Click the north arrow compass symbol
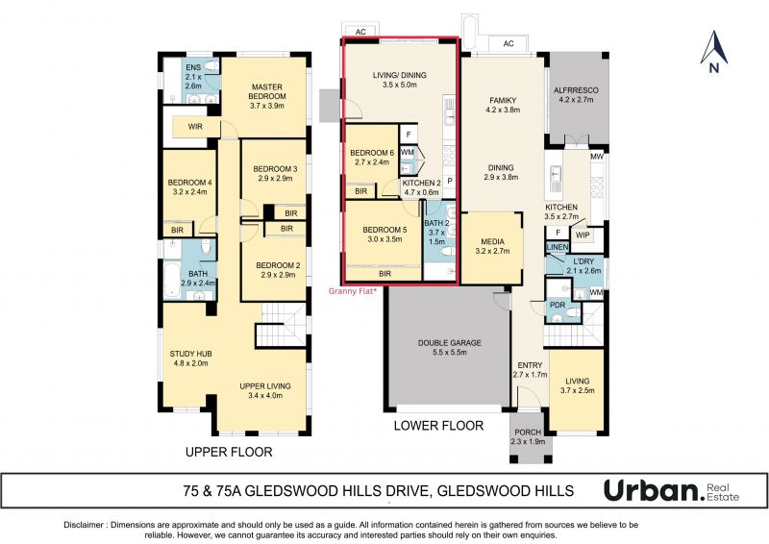point(714,52)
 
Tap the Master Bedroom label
point(267,96)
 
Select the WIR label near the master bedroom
point(195,127)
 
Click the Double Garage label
point(449,347)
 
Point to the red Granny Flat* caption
point(353,291)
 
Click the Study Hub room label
point(190,359)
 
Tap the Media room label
point(492,246)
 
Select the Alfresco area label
point(576,95)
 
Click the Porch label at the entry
point(528,436)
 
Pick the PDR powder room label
point(558,305)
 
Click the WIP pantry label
point(583,235)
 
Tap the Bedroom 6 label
point(372,158)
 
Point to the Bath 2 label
point(436,232)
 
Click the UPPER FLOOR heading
point(229,452)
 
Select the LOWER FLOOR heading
point(438,425)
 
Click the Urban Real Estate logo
point(671,491)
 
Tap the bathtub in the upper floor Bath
point(172,280)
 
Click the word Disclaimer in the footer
point(84,525)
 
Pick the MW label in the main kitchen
point(597,157)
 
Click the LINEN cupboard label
point(558,247)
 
